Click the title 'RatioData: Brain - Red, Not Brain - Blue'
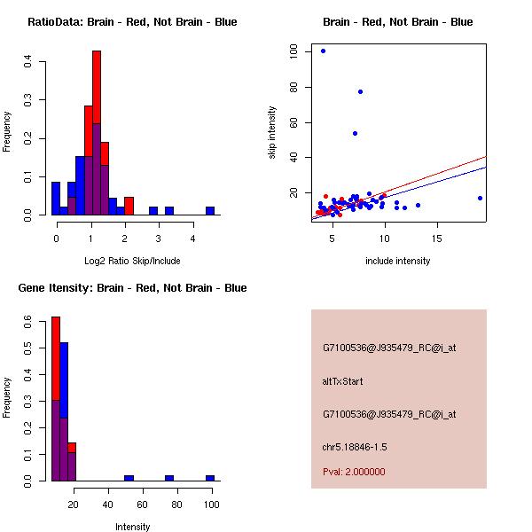point(132,22)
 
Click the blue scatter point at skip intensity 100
point(323,51)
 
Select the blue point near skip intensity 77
point(360,91)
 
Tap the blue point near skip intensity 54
point(355,133)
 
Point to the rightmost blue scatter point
point(480,198)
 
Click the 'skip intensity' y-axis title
point(272,133)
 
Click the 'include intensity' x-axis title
point(398,262)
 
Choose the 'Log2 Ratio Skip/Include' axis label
point(132,262)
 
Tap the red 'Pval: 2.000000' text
point(354,472)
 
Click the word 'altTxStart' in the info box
point(342,381)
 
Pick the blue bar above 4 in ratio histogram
point(210,211)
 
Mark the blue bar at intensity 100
point(210,478)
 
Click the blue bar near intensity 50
point(129,478)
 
